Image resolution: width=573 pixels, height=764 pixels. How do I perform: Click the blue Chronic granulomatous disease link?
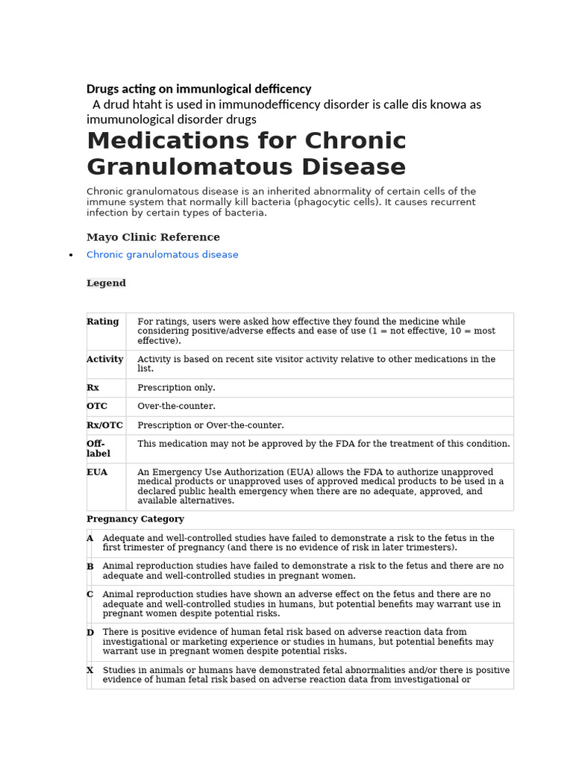pos(162,255)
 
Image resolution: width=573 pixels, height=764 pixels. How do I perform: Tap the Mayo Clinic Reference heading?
pos(153,237)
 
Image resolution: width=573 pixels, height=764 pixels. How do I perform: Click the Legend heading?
pos(106,284)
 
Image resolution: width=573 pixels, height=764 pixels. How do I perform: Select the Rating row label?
pos(102,322)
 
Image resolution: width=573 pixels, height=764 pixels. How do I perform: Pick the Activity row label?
pos(104,359)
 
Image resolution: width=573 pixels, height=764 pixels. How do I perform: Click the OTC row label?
pos(97,406)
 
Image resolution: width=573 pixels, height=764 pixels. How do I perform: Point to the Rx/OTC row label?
pos(104,425)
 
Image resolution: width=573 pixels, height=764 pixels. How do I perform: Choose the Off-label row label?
pos(98,448)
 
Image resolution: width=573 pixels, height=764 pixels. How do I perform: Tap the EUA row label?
pos(97,472)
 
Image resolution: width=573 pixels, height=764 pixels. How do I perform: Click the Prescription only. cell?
pos(176,388)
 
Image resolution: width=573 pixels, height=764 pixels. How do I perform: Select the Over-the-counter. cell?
pos(176,407)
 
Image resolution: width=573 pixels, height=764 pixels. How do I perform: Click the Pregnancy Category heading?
pos(135,519)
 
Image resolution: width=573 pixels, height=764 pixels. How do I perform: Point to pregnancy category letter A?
pos(90,538)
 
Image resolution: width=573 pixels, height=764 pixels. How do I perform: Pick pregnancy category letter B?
pos(90,566)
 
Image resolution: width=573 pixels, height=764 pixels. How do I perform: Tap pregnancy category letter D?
pos(90,633)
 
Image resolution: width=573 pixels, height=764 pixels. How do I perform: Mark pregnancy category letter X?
pos(90,670)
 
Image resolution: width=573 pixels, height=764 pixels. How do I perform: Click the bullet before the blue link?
pos(70,255)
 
